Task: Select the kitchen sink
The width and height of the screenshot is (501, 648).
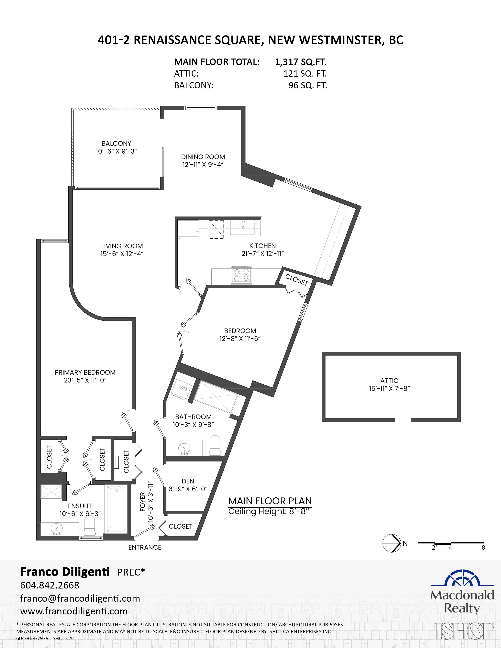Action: coord(242,228)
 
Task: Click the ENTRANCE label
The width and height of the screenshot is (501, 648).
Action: coord(145,547)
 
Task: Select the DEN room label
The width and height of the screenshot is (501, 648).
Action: coord(188,481)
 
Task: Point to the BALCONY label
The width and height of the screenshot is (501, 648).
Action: coord(116,143)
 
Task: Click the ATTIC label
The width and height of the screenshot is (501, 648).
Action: coord(389,381)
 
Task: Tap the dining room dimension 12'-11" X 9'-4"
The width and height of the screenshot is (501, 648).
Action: coord(203,165)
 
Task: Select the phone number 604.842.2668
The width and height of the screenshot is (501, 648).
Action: coord(50,591)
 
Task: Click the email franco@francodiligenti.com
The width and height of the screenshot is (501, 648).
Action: coord(80,604)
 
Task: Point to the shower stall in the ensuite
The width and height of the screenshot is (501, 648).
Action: coord(51,493)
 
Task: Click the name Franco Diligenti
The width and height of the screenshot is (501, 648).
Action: coord(65,571)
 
